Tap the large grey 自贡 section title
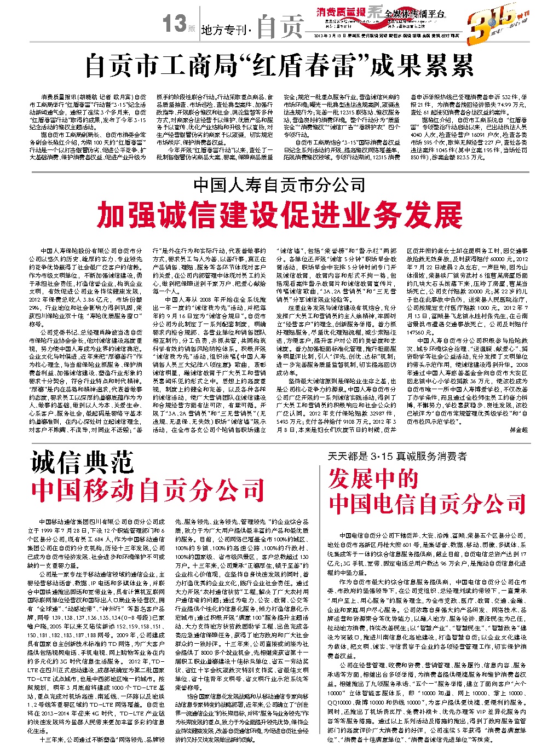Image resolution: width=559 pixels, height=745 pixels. coord(280,26)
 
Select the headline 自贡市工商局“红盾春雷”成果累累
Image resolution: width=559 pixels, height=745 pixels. coord(279,66)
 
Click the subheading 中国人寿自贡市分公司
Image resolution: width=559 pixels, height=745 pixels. coord(279,186)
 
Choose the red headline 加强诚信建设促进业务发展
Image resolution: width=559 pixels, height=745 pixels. coord(279,215)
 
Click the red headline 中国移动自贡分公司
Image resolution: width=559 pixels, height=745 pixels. coord(148,489)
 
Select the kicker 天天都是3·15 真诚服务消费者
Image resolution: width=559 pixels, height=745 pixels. coord(397,455)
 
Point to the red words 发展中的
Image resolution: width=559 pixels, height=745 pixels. coord(373,479)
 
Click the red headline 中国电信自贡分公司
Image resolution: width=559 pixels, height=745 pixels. coord(428,503)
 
